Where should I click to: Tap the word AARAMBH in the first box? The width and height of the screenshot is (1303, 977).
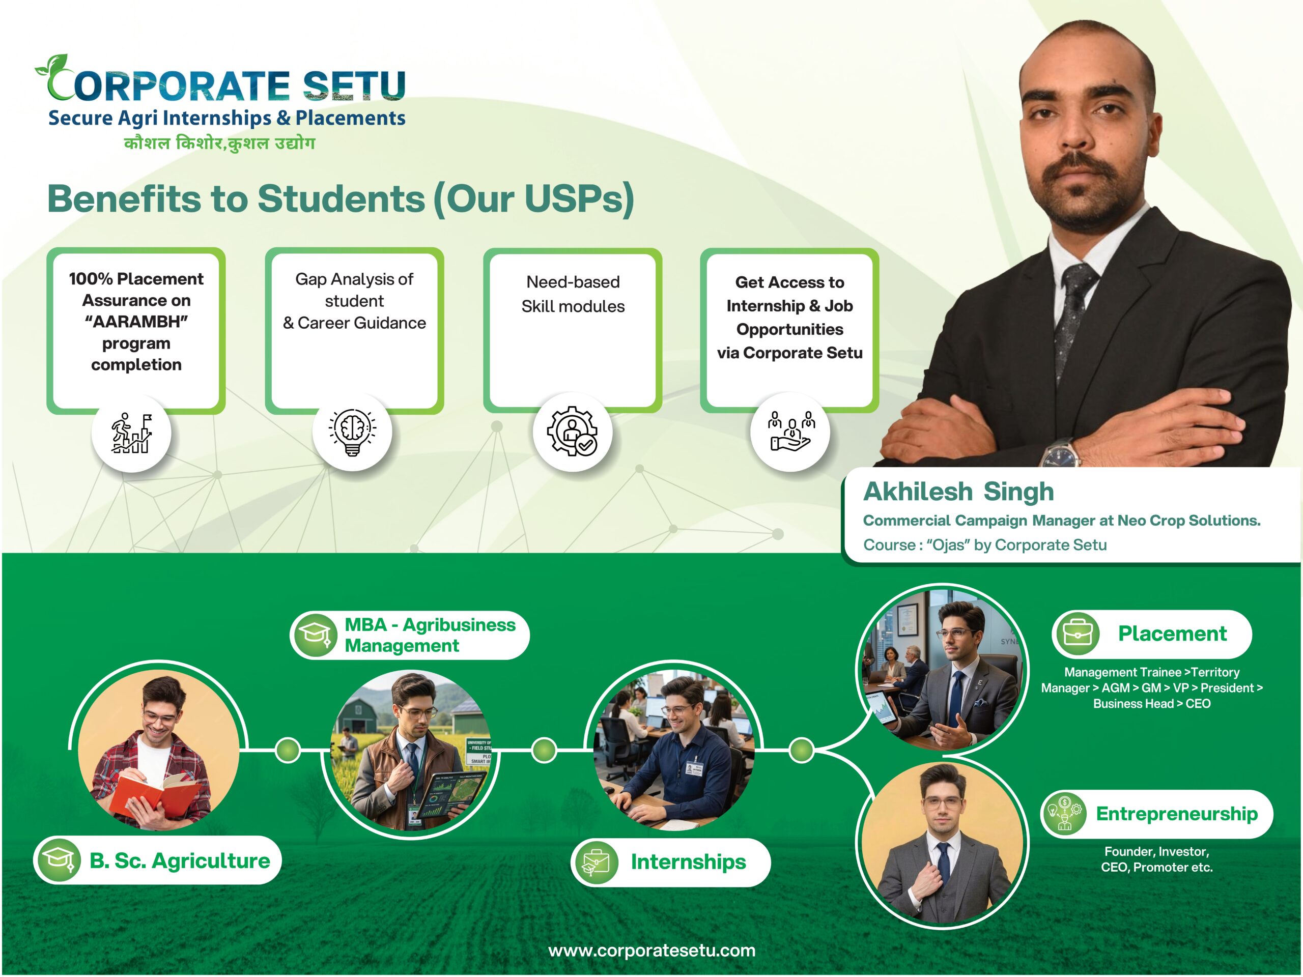point(136,322)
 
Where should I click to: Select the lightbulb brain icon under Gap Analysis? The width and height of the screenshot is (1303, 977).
point(352,432)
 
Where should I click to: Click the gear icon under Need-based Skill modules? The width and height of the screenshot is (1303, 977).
point(572,431)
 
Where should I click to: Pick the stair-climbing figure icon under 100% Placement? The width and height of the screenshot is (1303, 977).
point(132,433)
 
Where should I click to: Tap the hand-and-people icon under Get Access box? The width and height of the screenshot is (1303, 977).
point(791,432)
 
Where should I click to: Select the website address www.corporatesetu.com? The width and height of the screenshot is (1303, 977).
point(651,951)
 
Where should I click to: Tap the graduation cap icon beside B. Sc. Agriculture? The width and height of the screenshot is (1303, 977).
point(58,860)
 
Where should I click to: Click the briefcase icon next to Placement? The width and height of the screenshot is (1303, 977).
point(1078,634)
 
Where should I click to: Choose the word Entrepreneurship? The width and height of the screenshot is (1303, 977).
point(1176,814)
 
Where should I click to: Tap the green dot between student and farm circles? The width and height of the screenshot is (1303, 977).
point(288,750)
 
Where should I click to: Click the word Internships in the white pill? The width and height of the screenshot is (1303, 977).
point(688,862)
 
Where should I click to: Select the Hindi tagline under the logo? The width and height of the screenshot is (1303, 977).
point(219,143)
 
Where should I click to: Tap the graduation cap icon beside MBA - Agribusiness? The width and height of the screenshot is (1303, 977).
point(315,635)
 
